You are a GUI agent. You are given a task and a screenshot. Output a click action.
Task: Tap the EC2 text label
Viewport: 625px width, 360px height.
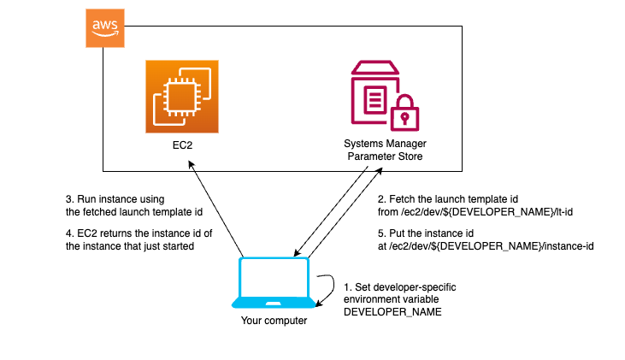(181, 146)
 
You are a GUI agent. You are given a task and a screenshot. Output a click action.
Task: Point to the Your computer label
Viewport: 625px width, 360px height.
(274, 321)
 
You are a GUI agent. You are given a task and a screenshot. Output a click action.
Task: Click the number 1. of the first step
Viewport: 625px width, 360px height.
(347, 287)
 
